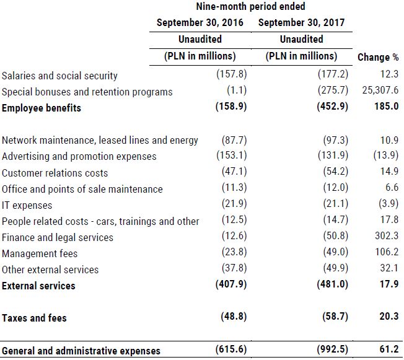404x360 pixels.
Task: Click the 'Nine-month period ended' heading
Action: pos(250,7)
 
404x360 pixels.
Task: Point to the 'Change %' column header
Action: pos(378,58)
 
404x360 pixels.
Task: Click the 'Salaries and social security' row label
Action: pos(59,76)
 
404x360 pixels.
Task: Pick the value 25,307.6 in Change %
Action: pos(378,92)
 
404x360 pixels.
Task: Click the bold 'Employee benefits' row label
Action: pos(42,108)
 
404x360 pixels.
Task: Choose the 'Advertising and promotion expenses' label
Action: pos(79,156)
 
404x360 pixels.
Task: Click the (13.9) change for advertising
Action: pos(386,156)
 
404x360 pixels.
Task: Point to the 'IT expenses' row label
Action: pos(27,205)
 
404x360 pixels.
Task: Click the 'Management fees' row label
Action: pos(40,253)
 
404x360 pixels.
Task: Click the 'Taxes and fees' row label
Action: pos(34,318)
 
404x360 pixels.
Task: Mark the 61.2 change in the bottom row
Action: pos(389,350)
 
